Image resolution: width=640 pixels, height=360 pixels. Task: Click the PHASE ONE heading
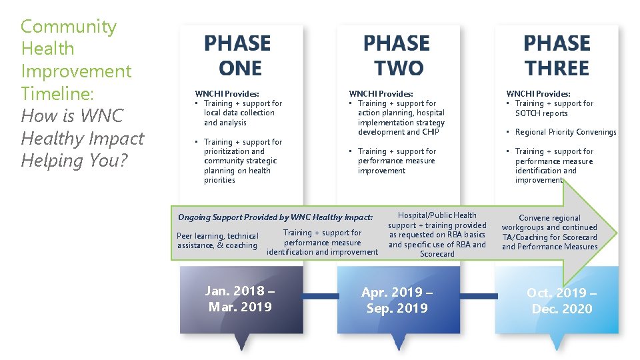[x=238, y=56]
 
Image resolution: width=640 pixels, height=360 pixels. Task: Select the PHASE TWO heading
[x=397, y=56]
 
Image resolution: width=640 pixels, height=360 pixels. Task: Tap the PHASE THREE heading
[x=557, y=56]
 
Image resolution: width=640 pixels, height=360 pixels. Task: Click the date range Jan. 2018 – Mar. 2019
[x=240, y=299]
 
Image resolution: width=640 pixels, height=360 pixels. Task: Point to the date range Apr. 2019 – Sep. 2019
[x=397, y=300]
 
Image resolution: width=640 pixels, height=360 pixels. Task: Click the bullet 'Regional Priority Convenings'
[x=565, y=132]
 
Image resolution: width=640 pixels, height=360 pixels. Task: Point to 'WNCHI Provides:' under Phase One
[x=227, y=94]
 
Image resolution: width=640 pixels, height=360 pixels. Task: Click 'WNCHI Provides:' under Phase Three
[x=538, y=94]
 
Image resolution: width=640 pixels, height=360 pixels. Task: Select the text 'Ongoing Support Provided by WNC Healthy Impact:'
[x=275, y=217]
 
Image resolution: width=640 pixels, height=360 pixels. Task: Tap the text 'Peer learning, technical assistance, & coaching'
[x=217, y=241]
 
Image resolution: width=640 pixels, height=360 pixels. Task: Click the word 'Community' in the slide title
[x=69, y=27]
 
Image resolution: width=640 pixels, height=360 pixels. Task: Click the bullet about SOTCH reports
[x=553, y=109]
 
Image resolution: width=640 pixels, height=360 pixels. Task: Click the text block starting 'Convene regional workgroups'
[x=549, y=232]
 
